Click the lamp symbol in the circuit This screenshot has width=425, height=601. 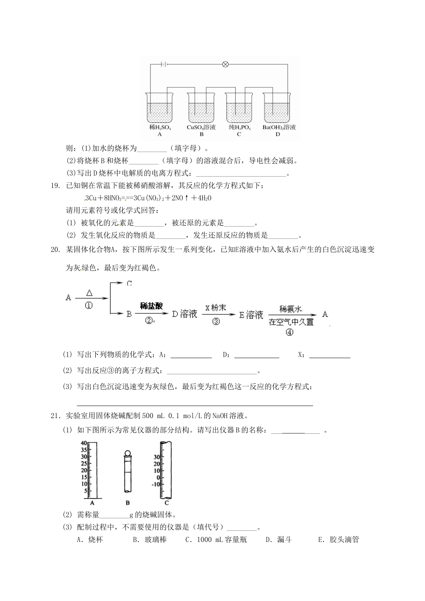[x=225, y=64]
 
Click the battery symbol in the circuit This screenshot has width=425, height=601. [x=165, y=64]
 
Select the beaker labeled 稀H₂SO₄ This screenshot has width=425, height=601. [x=160, y=107]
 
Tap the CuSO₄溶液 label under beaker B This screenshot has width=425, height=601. [x=201, y=127]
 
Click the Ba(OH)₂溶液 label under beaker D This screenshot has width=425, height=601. [x=279, y=127]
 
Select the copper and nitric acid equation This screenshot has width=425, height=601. [x=147, y=198]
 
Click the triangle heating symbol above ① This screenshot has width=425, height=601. [x=89, y=292]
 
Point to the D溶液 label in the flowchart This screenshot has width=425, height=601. [x=185, y=314]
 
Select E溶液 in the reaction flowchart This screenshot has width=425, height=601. [x=251, y=315]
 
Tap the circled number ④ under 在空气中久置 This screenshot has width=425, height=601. [x=289, y=332]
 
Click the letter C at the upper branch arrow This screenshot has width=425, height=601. [x=129, y=283]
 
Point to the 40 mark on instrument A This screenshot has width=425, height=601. [x=84, y=443]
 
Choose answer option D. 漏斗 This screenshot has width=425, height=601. [x=279, y=540]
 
